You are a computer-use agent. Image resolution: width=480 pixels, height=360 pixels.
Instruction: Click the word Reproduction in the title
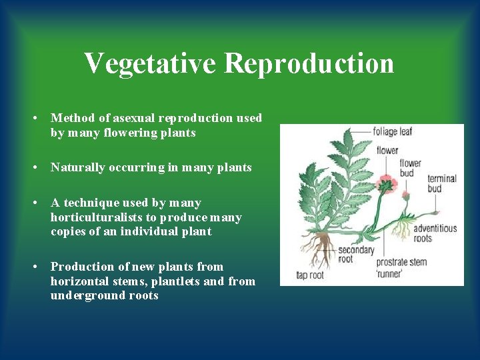[x=309, y=64]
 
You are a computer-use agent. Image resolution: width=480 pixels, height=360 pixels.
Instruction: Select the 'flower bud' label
[x=410, y=168]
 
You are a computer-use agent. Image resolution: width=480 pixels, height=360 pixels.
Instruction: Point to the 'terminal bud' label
[x=442, y=183]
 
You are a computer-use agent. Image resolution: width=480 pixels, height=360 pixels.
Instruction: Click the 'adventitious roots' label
[x=435, y=233]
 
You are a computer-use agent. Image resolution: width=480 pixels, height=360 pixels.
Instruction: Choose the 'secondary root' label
[x=355, y=255]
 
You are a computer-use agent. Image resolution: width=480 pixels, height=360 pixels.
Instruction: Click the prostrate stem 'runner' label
[x=401, y=267]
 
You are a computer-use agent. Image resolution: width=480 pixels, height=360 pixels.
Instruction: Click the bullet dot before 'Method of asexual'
[x=33, y=118]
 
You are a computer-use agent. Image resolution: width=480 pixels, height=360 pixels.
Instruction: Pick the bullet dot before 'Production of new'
[x=33, y=267]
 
